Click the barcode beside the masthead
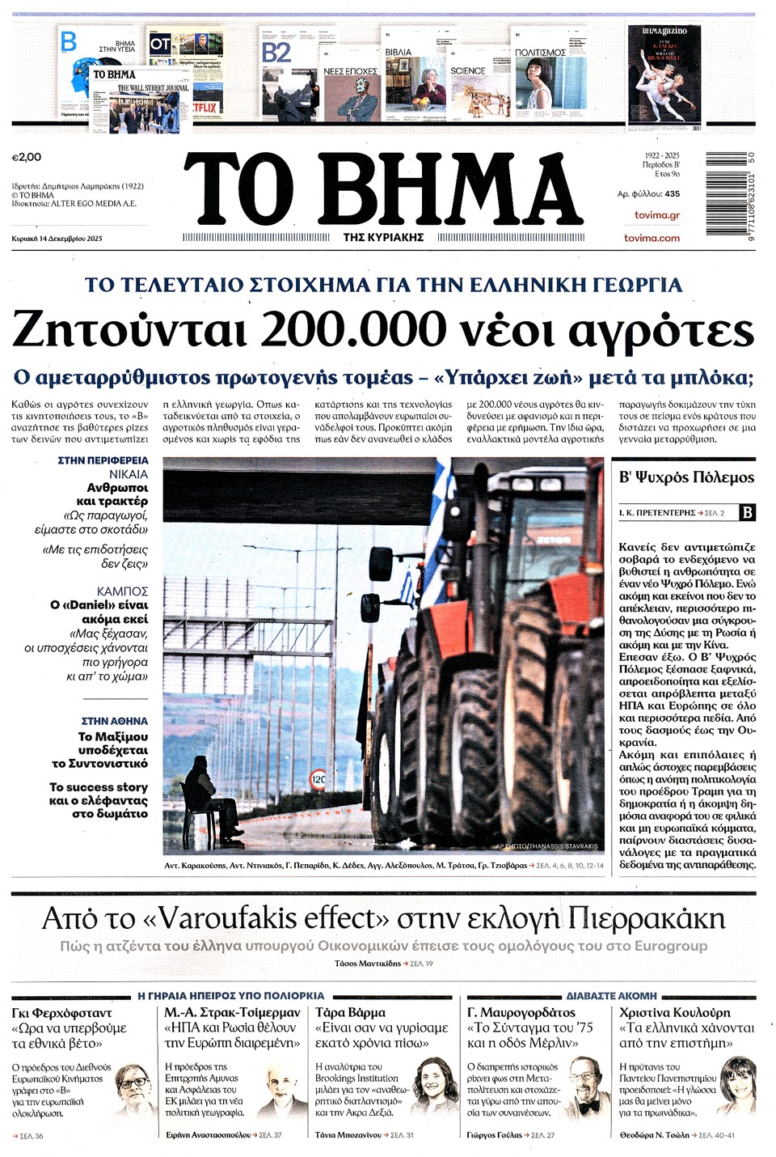point(730,193)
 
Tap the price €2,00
point(27,157)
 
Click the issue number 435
point(672,194)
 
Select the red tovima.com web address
point(652,238)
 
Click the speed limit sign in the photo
point(318,780)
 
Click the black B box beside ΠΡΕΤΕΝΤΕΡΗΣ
point(748,512)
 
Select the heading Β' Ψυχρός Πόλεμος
point(686,477)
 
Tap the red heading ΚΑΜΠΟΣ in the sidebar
point(122,591)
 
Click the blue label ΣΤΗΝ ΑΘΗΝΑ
point(115,721)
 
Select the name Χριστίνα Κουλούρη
point(674,1012)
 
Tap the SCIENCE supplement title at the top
point(468,71)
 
